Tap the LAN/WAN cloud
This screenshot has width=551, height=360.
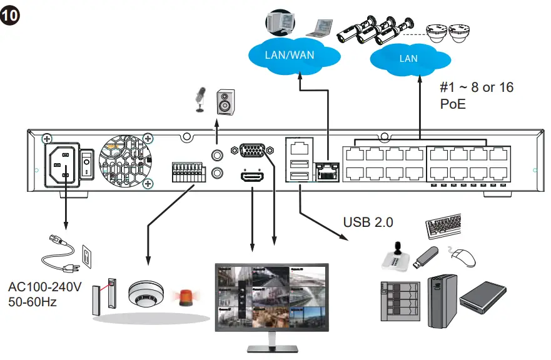click(x=290, y=55)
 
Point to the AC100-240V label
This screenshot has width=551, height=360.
click(x=45, y=288)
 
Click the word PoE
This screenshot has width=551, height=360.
click(x=453, y=104)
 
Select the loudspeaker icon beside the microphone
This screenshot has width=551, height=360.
click(x=226, y=102)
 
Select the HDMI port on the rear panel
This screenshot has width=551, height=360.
click(x=252, y=178)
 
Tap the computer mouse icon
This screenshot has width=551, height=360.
click(x=463, y=256)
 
